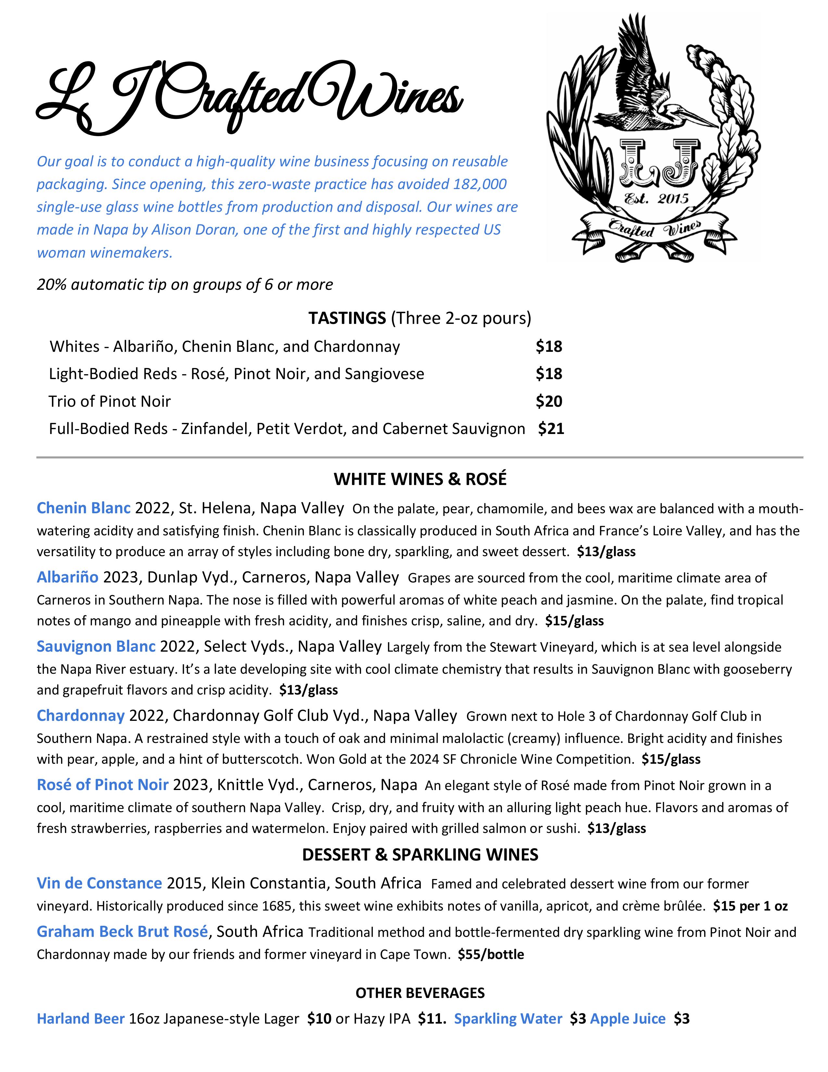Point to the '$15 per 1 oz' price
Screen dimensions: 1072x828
point(750,906)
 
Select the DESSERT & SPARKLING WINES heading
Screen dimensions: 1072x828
point(420,855)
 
